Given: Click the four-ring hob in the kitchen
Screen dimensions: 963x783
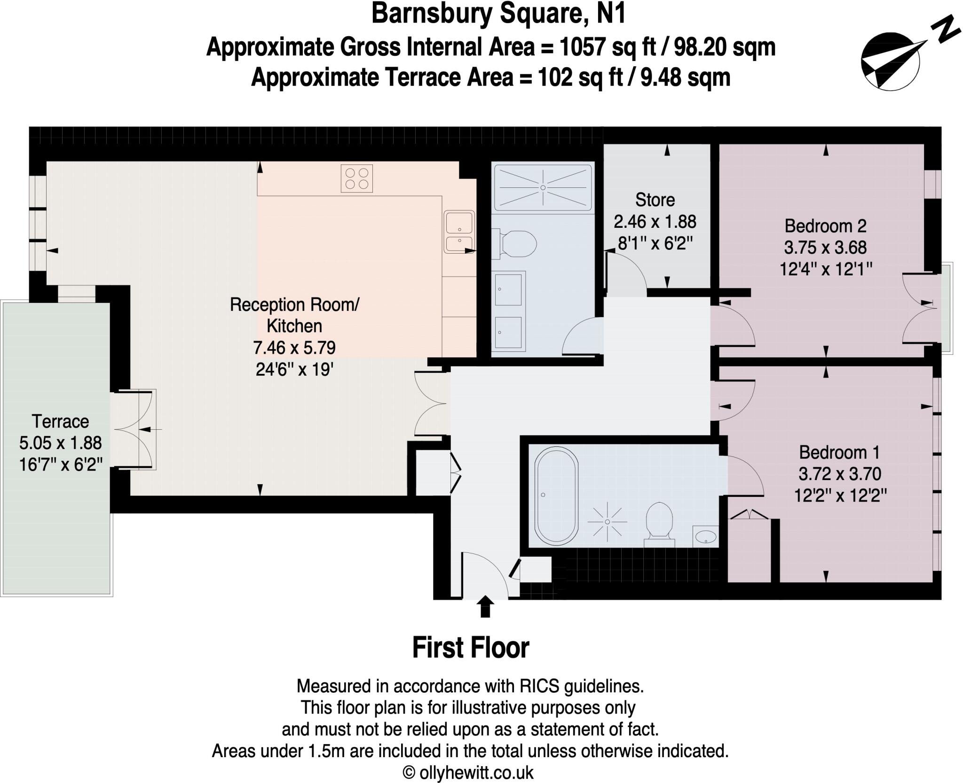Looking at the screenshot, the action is tap(356, 178).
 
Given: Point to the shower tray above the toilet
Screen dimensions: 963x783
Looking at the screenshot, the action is tap(543, 187).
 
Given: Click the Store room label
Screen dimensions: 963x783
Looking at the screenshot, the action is tap(655, 200).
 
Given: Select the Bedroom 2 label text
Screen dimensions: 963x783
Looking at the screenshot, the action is tap(825, 226).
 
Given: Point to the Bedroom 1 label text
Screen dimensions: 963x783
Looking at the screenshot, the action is tap(839, 452).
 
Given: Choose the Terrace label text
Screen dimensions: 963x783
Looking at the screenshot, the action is tap(60, 421).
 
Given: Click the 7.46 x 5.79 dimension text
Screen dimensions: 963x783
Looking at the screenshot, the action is tap(294, 348).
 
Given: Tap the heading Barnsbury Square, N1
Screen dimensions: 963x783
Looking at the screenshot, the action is tap(498, 14).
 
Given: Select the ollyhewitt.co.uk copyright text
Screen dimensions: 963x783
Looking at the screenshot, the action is tap(468, 773).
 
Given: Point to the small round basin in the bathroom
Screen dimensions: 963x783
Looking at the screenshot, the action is tap(706, 536).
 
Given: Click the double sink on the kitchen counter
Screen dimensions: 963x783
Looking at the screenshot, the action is tap(459, 231).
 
